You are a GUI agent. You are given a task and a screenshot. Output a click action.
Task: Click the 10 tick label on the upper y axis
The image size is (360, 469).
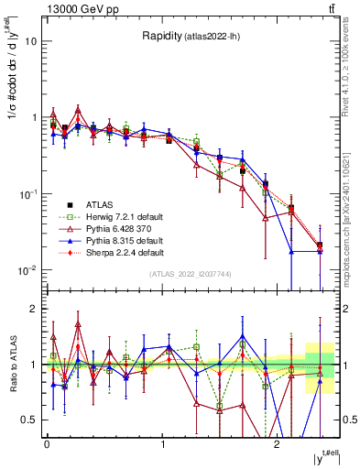tap(31, 41)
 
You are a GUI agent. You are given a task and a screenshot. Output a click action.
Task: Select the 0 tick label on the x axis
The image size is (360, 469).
tap(46, 442)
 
